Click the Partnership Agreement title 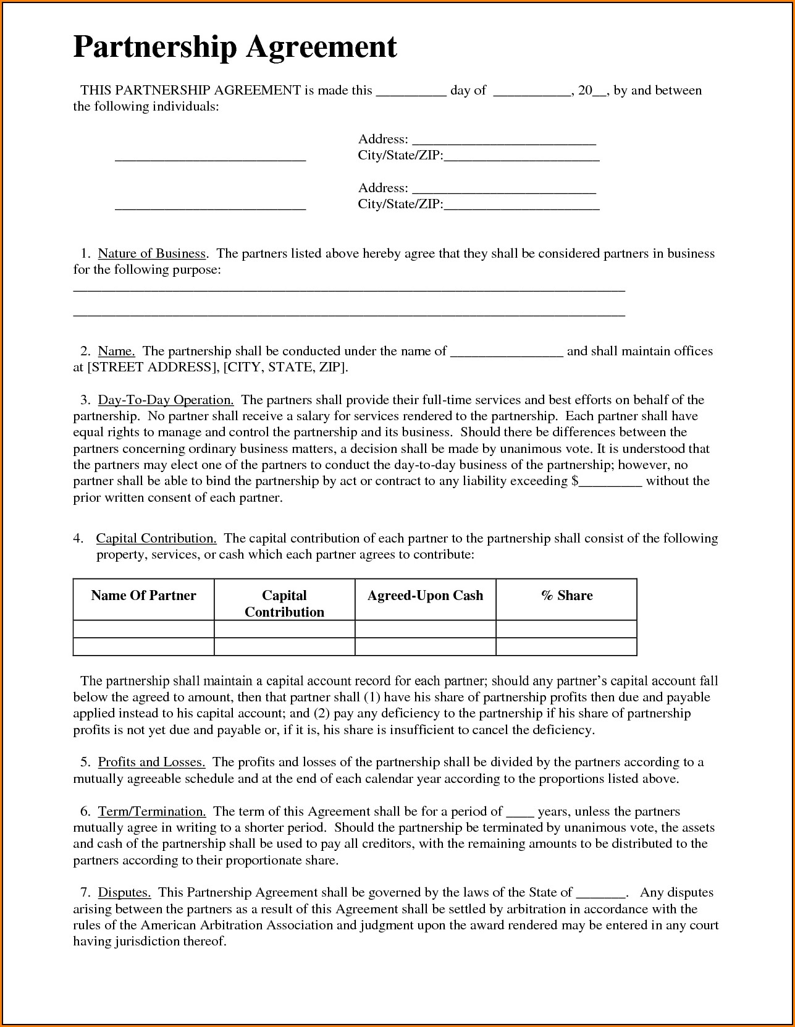click(x=235, y=48)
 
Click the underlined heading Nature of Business click(x=151, y=253)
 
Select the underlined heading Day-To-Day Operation click(x=166, y=400)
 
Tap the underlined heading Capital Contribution click(x=156, y=538)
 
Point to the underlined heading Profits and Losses click(x=151, y=762)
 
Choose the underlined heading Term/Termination click(x=151, y=811)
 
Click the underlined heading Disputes click(x=124, y=892)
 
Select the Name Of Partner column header click(x=143, y=596)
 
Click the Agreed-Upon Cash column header click(x=425, y=596)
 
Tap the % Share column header click(x=566, y=596)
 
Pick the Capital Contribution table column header click(x=284, y=604)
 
